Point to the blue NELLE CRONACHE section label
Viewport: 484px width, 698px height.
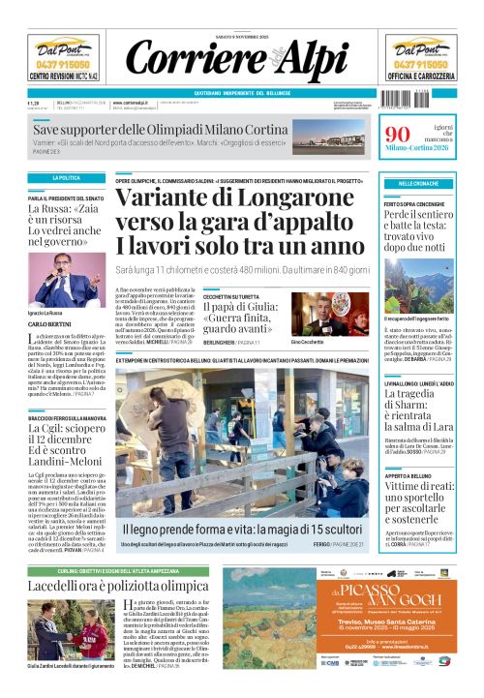pos(418,183)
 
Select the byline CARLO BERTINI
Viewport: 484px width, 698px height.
pos(49,325)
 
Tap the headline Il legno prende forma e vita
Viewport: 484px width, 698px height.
pos(239,531)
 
